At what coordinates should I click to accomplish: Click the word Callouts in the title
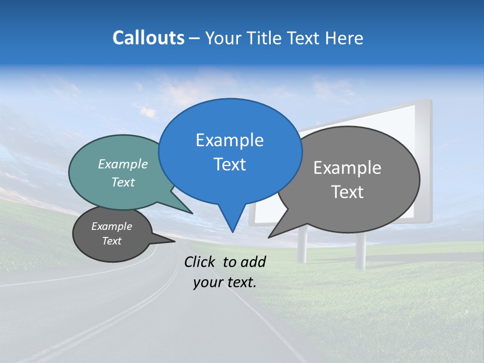click(x=148, y=38)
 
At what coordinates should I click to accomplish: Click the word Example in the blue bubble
click(x=229, y=140)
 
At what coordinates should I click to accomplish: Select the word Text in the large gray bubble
click(x=347, y=192)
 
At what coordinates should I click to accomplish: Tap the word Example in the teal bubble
click(x=123, y=164)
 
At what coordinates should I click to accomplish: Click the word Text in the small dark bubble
click(x=112, y=241)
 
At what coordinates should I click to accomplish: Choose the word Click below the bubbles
click(x=200, y=262)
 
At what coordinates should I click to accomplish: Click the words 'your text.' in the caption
click(x=224, y=282)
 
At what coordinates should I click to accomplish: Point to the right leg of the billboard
click(x=360, y=252)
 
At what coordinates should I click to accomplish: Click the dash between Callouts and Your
click(x=195, y=38)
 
